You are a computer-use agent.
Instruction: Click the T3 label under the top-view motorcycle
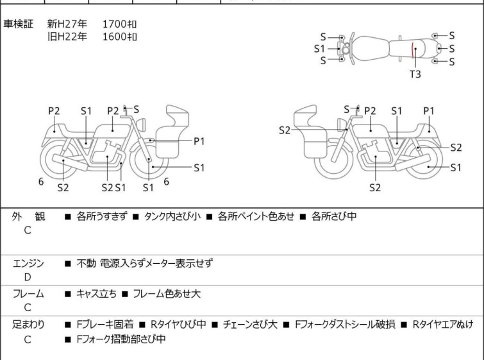[x=415, y=74]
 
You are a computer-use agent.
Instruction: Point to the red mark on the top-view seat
[x=412, y=50]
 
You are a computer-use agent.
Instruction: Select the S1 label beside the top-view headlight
[x=319, y=49]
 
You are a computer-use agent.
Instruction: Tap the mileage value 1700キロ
[x=119, y=24]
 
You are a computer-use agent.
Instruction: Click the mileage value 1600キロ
[x=119, y=37]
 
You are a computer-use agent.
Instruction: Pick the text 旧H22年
[x=67, y=37]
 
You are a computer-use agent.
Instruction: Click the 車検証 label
[x=18, y=24]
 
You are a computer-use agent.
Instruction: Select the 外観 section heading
[x=28, y=216]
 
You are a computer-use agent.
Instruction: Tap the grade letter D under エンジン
[x=28, y=277]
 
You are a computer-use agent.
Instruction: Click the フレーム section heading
[x=28, y=293]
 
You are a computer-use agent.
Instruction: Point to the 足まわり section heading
[x=28, y=324]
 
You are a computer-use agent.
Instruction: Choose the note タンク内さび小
[x=172, y=216]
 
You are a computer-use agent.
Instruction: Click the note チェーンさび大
[x=250, y=324]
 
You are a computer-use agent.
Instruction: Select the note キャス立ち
[x=97, y=293]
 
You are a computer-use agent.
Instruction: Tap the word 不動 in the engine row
[x=86, y=263]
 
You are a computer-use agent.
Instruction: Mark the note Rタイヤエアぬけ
[x=443, y=324]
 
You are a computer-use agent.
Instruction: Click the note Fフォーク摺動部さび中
[x=121, y=339]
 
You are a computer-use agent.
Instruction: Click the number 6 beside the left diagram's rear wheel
[x=41, y=182]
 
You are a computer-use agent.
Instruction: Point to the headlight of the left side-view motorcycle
[x=141, y=124]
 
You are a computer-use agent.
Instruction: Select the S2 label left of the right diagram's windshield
[x=285, y=130]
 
